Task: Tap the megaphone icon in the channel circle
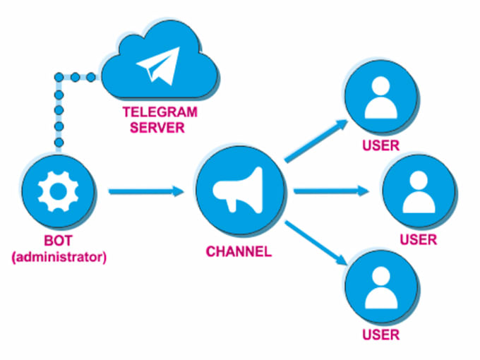[x=240, y=191]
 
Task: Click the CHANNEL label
[x=239, y=251]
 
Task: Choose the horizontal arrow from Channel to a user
[x=330, y=191]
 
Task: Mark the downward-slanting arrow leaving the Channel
[x=317, y=241]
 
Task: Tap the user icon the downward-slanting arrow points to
[x=380, y=287]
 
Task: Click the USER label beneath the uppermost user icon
[x=380, y=147]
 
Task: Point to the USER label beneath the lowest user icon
[x=381, y=335]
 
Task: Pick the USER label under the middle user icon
[x=419, y=240]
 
